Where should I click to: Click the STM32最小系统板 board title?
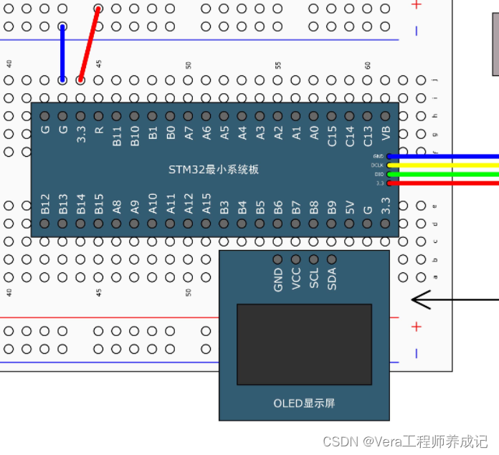tap(214, 170)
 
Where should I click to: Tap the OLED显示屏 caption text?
tap(304, 403)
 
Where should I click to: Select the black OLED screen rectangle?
tap(304, 344)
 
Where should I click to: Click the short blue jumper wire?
tap(62, 54)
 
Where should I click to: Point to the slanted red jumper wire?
tap(89, 44)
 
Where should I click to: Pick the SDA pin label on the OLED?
tap(332, 279)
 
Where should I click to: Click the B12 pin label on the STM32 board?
tap(45, 203)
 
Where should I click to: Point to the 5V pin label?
tap(350, 207)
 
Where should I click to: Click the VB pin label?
tap(386, 133)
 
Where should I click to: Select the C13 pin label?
tap(368, 135)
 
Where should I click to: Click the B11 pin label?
tap(117, 135)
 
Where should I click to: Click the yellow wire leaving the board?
tap(445, 165)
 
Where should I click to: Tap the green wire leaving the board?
tap(445, 173)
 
